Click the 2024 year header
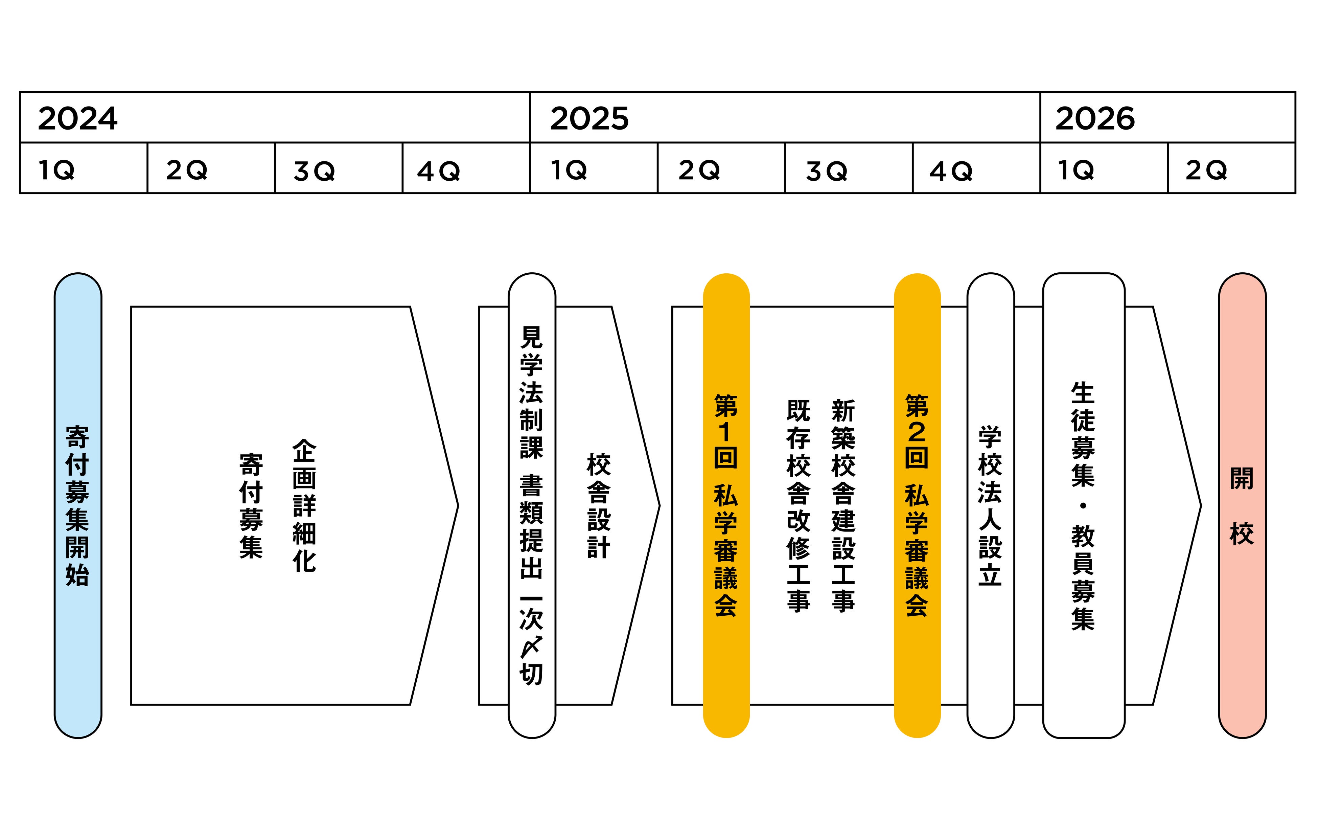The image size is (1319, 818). pyautogui.click(x=274, y=117)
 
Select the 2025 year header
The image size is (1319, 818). pyautogui.click(x=784, y=117)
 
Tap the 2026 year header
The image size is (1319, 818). pyautogui.click(x=1167, y=117)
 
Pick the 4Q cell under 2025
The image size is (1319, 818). pyautogui.click(x=976, y=168)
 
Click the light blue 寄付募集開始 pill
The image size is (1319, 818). pyautogui.click(x=78, y=505)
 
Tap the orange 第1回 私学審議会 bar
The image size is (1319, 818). pyautogui.click(x=726, y=505)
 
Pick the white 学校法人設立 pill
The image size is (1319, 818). pyautogui.click(x=990, y=505)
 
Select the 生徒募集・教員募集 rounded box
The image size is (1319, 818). pyautogui.click(x=1083, y=505)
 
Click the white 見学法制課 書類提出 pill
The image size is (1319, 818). pyautogui.click(x=532, y=505)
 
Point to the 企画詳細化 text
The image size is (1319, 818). pyautogui.click(x=304, y=505)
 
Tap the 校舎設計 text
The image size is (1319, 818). pyautogui.click(x=599, y=505)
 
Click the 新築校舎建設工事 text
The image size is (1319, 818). pyautogui.click(x=843, y=505)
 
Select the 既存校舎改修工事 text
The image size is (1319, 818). pyautogui.click(x=798, y=505)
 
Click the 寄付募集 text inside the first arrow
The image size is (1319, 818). pyautogui.click(x=251, y=505)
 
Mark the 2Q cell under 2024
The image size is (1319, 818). pyautogui.click(x=211, y=168)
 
